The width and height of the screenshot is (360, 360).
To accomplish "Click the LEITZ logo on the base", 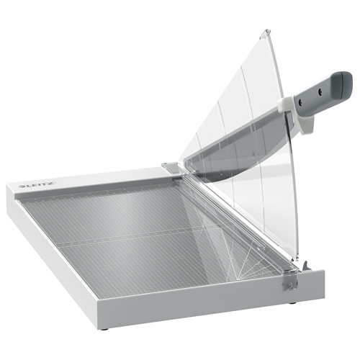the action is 37,185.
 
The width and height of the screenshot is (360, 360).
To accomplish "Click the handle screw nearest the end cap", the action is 320,91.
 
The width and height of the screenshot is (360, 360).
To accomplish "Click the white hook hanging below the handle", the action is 310,124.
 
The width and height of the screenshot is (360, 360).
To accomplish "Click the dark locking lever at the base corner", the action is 306,266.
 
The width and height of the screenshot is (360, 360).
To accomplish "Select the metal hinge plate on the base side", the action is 290,282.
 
